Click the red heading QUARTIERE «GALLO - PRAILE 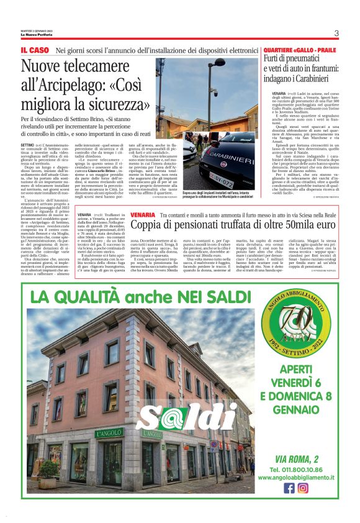tap(300, 49)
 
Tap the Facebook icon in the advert tap(289, 488)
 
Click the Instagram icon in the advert tap(303, 488)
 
